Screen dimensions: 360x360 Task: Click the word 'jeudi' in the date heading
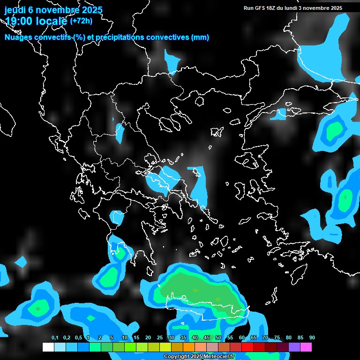tap(15, 10)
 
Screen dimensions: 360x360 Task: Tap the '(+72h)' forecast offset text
tap(82, 21)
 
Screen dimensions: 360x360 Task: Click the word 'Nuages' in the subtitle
tap(17, 37)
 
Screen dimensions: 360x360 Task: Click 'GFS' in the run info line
tap(262, 8)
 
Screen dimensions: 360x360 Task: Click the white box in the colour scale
tap(48, 347)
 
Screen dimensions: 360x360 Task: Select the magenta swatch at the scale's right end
tap(306, 347)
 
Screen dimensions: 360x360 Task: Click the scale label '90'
tap(312, 338)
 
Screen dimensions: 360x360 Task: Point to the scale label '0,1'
tap(54, 338)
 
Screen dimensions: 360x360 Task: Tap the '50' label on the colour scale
tap(218, 338)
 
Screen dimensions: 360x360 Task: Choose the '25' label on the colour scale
tap(160, 338)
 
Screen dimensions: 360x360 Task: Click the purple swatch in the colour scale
tap(294, 347)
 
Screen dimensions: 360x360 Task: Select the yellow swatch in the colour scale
tap(165, 347)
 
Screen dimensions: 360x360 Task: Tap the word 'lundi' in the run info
tap(290, 8)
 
